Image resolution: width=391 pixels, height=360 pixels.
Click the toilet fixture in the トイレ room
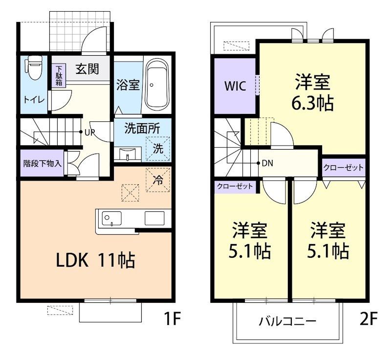click(x=33, y=67)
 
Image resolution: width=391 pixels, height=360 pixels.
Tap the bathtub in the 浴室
click(x=157, y=85)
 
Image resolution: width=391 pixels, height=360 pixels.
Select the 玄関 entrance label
click(x=87, y=69)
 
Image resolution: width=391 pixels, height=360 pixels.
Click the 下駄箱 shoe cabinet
click(x=59, y=76)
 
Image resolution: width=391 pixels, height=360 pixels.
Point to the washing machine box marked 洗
click(x=158, y=149)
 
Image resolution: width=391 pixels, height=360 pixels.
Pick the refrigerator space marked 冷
click(x=158, y=180)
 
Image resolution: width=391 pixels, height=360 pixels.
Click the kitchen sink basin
click(x=112, y=219)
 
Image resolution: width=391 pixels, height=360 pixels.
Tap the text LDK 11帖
click(x=95, y=260)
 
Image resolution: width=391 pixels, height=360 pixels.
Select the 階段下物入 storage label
click(x=42, y=164)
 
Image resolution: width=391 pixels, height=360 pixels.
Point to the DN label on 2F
click(x=267, y=163)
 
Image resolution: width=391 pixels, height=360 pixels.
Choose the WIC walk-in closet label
click(x=235, y=86)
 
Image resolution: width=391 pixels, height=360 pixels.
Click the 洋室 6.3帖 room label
click(x=313, y=92)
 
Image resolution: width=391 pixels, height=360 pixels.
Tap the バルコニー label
click(x=287, y=321)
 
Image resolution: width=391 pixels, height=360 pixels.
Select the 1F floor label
click(x=172, y=318)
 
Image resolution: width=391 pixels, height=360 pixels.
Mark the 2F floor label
click(x=369, y=318)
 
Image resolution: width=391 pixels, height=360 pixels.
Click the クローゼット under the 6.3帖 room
click(x=344, y=167)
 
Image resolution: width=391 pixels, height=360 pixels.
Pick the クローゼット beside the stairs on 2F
click(x=235, y=187)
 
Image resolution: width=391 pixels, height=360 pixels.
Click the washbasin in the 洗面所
click(x=128, y=154)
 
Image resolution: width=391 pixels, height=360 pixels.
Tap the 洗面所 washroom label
click(x=142, y=129)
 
